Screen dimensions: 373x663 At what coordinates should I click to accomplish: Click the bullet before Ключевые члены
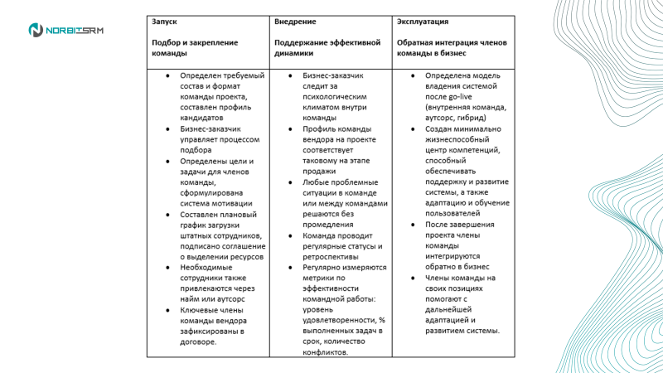pyautogui.click(x=169, y=309)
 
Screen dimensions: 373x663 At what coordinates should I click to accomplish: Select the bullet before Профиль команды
pyautogui.click(x=291, y=129)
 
